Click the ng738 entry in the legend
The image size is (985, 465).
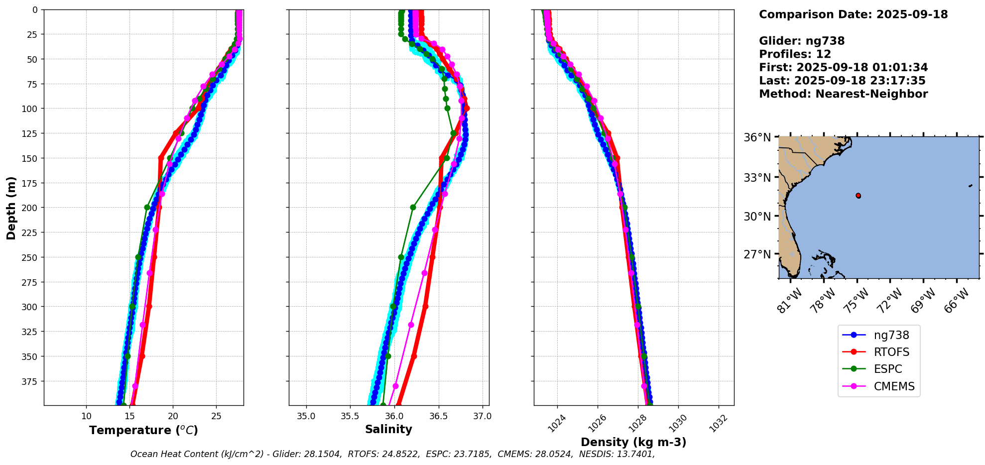891,335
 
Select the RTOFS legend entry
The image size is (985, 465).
891,352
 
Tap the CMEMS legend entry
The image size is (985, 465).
894,386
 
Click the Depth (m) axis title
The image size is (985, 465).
11,208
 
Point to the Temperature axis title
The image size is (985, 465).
143,430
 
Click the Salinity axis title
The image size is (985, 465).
388,429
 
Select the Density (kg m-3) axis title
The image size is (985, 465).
633,442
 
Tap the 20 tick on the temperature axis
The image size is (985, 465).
173,416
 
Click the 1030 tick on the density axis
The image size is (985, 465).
678,424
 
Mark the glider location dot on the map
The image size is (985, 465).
858,196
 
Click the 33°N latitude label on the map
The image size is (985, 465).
757,178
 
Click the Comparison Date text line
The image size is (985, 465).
853,14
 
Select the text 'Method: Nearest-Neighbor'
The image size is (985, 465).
843,94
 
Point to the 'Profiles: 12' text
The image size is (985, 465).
795,54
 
